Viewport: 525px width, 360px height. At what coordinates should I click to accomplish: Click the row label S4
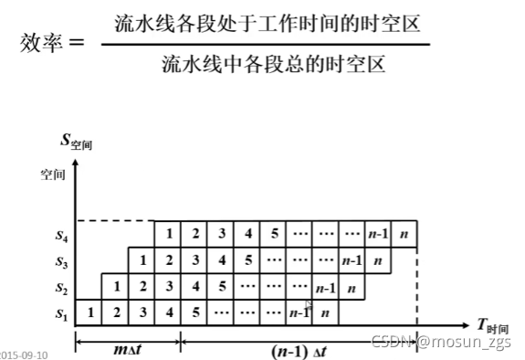pos(58,235)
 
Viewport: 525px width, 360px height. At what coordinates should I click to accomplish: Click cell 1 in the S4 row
pos(169,234)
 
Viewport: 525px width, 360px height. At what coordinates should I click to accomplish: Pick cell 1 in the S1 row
pos(89,312)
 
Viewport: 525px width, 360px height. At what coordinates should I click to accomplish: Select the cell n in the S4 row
pos(404,234)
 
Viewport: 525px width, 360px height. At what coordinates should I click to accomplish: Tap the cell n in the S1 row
pos(325,312)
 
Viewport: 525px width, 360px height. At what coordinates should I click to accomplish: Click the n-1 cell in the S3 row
pos(352,260)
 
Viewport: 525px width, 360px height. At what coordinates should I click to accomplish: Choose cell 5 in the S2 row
pos(221,287)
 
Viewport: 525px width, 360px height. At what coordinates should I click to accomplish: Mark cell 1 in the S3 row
pos(142,260)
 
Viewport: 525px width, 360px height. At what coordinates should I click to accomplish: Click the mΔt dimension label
pos(129,349)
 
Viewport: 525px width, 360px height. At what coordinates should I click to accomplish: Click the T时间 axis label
pos(492,325)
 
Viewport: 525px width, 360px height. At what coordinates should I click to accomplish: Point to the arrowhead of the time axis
pos(467,324)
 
